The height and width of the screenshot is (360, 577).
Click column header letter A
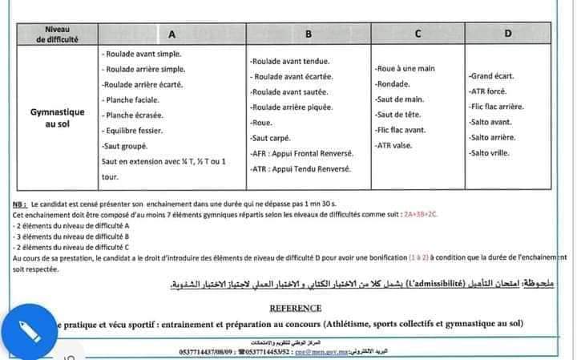(171, 34)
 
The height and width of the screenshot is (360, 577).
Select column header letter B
(308, 34)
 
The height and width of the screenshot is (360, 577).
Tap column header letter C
(418, 34)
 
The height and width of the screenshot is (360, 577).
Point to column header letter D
(507, 34)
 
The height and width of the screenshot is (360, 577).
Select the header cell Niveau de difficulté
(58, 34)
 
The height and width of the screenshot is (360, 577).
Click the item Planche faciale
(132, 99)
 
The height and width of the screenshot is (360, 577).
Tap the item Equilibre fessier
(134, 130)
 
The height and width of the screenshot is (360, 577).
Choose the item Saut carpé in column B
(271, 138)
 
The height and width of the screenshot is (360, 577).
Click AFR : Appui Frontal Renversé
(301, 154)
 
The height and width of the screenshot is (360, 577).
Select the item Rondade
(393, 83)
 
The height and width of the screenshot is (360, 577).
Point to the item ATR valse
(395, 146)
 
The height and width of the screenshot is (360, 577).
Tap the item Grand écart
(492, 76)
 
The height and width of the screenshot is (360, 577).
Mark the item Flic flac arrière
(497, 107)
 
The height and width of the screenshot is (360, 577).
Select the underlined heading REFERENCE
(296, 307)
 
